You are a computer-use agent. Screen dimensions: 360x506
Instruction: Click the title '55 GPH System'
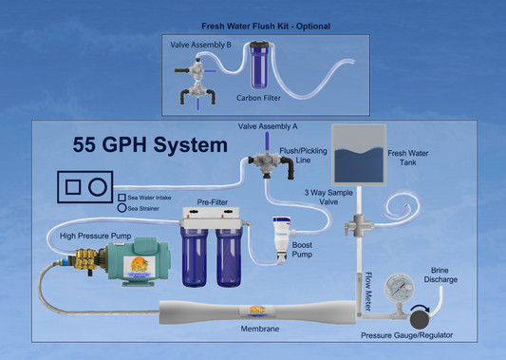tap(151, 145)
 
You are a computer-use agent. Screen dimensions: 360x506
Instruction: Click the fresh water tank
tap(356, 156)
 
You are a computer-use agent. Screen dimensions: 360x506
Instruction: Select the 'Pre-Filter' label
tap(215, 202)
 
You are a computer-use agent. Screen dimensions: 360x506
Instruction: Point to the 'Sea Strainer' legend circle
tap(122, 206)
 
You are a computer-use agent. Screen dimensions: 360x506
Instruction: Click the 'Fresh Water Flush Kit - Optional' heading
tap(265, 26)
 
